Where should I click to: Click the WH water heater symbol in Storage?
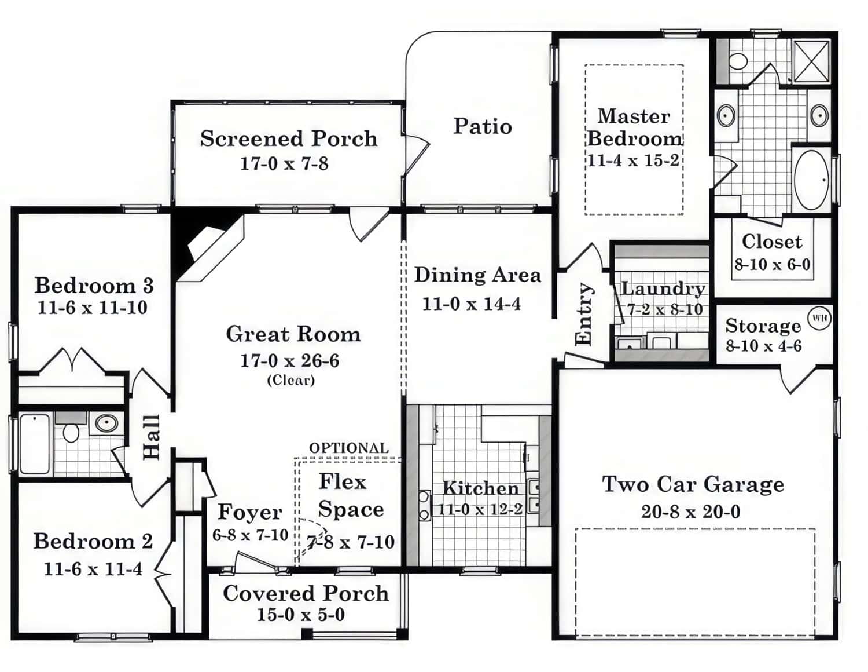[819, 318]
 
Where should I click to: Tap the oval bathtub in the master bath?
[811, 180]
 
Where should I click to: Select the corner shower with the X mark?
[811, 61]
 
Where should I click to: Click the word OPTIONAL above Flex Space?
[349, 448]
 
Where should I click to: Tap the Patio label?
[482, 126]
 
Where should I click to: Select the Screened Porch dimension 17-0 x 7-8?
[284, 164]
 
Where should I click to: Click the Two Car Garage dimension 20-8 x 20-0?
[690, 512]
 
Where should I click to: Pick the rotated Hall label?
[150, 437]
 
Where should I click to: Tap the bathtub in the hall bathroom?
[35, 444]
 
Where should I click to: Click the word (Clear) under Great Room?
[290, 380]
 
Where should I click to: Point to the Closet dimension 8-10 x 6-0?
[773, 265]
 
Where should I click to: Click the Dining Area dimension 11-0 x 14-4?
[471, 304]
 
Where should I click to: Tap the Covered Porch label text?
[306, 593]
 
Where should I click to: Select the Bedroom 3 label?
[94, 285]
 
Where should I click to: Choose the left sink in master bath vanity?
[726, 116]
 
